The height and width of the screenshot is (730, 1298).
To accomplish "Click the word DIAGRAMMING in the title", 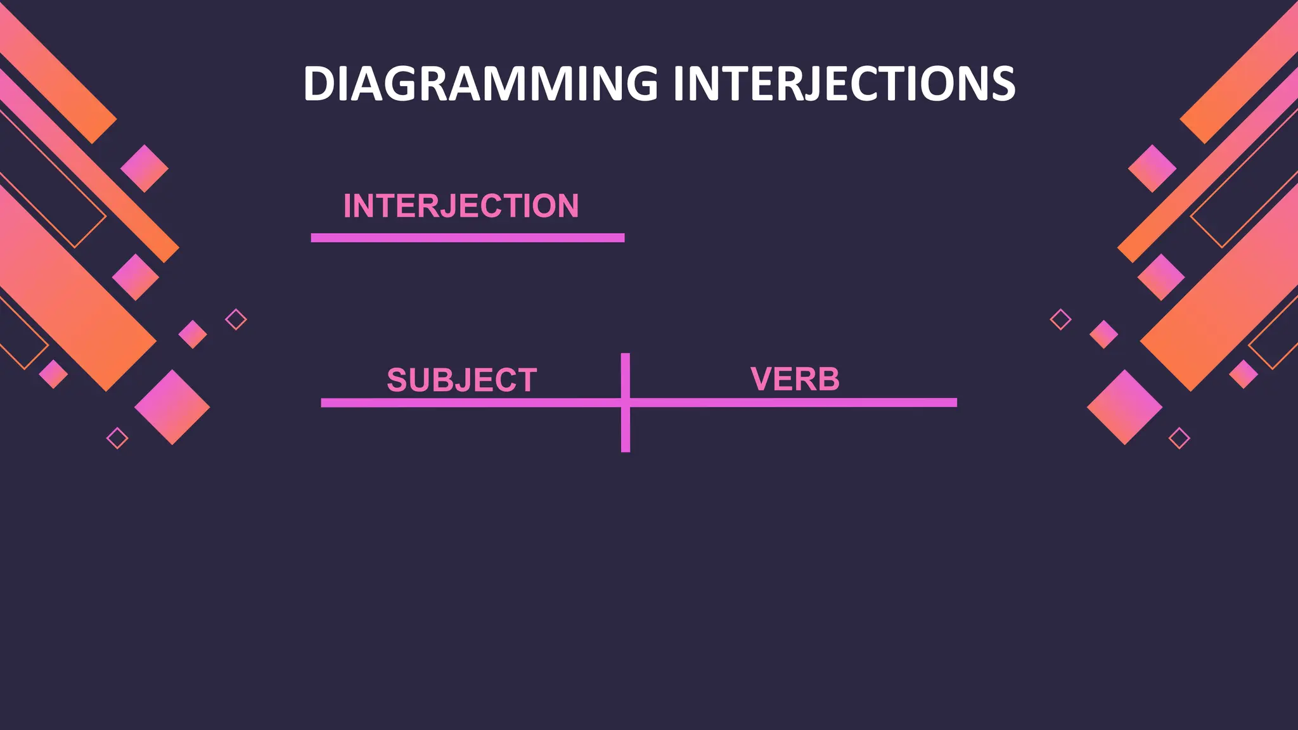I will pyautogui.click(x=480, y=84).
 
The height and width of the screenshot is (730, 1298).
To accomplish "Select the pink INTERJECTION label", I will pyautogui.click(x=461, y=206).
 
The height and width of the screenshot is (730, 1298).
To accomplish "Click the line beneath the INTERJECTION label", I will pyautogui.click(x=467, y=238).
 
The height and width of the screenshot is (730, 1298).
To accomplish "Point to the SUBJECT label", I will pyautogui.click(x=461, y=380).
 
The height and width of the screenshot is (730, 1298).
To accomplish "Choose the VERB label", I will pyautogui.click(x=795, y=379).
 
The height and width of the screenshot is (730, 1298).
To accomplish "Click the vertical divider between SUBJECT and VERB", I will pyautogui.click(x=626, y=431).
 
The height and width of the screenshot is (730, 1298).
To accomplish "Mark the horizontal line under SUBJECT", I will pyautogui.click(x=469, y=403).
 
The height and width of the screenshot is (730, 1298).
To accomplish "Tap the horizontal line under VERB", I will pyautogui.click(x=792, y=402).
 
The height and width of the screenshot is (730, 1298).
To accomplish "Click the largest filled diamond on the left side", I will pyautogui.click(x=172, y=407).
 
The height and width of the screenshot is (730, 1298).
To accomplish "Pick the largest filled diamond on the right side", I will pyautogui.click(x=1124, y=407).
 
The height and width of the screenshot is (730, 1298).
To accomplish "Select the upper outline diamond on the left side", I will pyautogui.click(x=236, y=319).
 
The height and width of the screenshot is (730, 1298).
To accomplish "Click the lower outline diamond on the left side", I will pyautogui.click(x=117, y=438).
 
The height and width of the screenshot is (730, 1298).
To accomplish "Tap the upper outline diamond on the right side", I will pyautogui.click(x=1060, y=319).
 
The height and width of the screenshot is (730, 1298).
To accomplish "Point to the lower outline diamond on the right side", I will pyautogui.click(x=1179, y=438).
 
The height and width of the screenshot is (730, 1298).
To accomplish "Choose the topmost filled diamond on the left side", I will pyautogui.click(x=145, y=169).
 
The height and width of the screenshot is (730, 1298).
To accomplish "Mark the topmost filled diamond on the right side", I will pyautogui.click(x=1152, y=169).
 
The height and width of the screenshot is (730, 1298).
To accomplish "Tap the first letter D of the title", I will pyautogui.click(x=318, y=84).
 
